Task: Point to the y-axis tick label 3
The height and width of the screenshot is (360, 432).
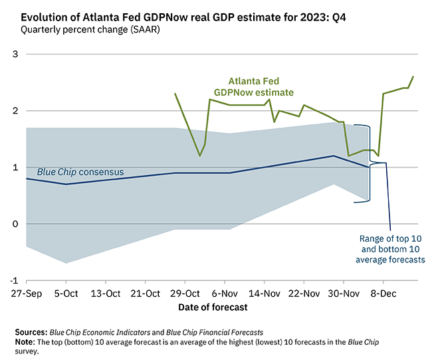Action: coord(15,54)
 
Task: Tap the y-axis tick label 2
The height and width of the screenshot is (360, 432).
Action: coord(15,111)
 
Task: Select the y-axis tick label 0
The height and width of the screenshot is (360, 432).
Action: coord(15,224)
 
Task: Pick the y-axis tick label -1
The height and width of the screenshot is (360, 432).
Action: coord(13,280)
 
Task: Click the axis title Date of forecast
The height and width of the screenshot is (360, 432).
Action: coord(213,308)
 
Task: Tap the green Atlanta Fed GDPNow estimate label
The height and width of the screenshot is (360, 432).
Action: coord(253,87)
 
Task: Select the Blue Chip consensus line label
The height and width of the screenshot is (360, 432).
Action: coord(80,172)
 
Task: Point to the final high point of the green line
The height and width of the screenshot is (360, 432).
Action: coord(413,77)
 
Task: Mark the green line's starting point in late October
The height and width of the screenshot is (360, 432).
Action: coord(175,94)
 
